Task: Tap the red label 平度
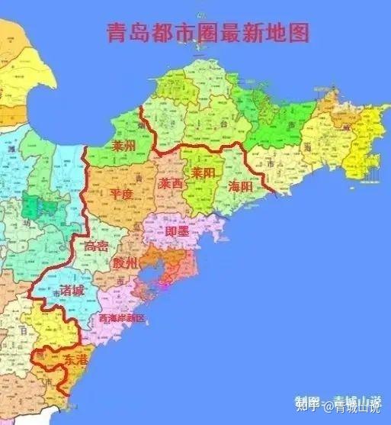122,194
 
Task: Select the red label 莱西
170,184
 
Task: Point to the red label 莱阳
203,173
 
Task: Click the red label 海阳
240,185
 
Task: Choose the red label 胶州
125,263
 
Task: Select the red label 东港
71,358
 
